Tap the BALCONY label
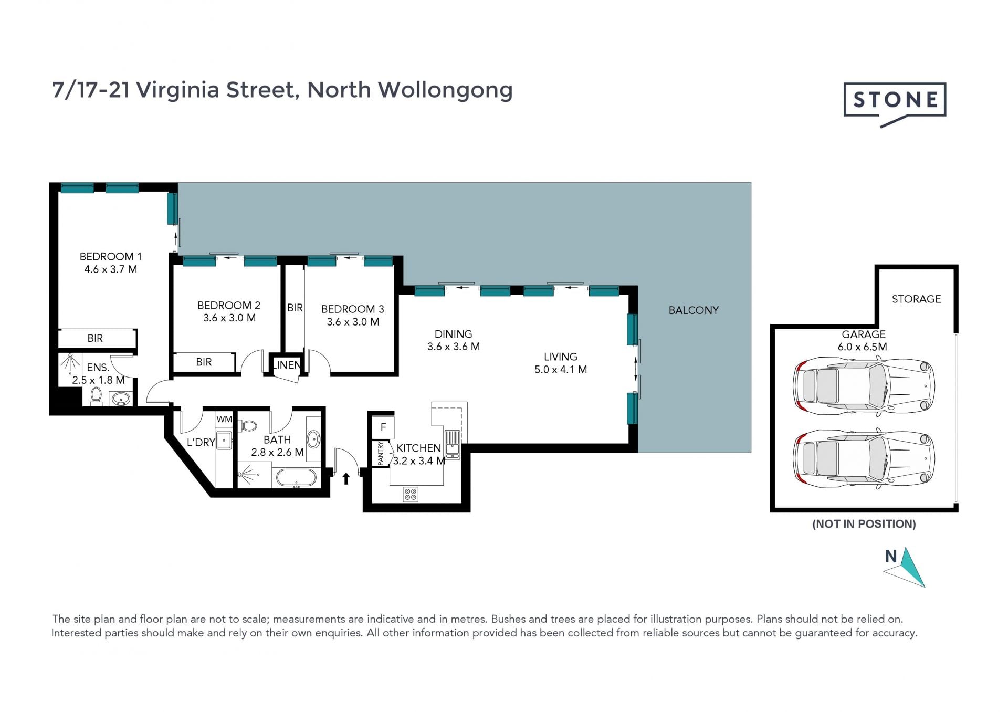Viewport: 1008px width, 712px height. (x=694, y=310)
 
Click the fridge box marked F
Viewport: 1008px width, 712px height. (x=383, y=427)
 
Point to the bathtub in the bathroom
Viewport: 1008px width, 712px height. (x=296, y=478)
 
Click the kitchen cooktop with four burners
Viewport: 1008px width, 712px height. (x=411, y=494)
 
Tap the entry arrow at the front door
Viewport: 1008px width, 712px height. (x=346, y=478)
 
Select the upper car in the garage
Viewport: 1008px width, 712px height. (x=864, y=386)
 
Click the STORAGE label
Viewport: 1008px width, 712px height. (x=916, y=299)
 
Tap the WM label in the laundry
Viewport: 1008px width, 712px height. (x=224, y=419)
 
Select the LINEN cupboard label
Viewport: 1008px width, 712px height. (x=287, y=365)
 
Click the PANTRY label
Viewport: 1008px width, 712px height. (x=381, y=453)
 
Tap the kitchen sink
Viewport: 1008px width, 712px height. (x=452, y=444)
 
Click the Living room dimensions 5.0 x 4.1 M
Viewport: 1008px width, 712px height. (x=561, y=370)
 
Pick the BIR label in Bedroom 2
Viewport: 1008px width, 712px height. (x=204, y=362)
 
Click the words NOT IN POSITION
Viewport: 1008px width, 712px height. (x=864, y=524)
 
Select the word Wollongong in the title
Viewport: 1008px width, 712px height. (x=445, y=90)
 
